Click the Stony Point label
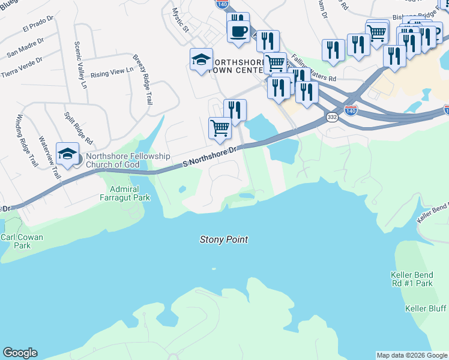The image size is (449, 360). tap(223, 239)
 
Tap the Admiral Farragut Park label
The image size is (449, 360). tap(125, 193)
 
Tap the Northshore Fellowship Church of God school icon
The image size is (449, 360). tap(68, 154)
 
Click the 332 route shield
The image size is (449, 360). tap(332, 118)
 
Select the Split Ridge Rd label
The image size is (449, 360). tap(78, 128)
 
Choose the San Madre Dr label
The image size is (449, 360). tap(26, 47)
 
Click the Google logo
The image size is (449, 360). tap(20, 353)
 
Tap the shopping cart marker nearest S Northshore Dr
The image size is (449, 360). tap(220, 128)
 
